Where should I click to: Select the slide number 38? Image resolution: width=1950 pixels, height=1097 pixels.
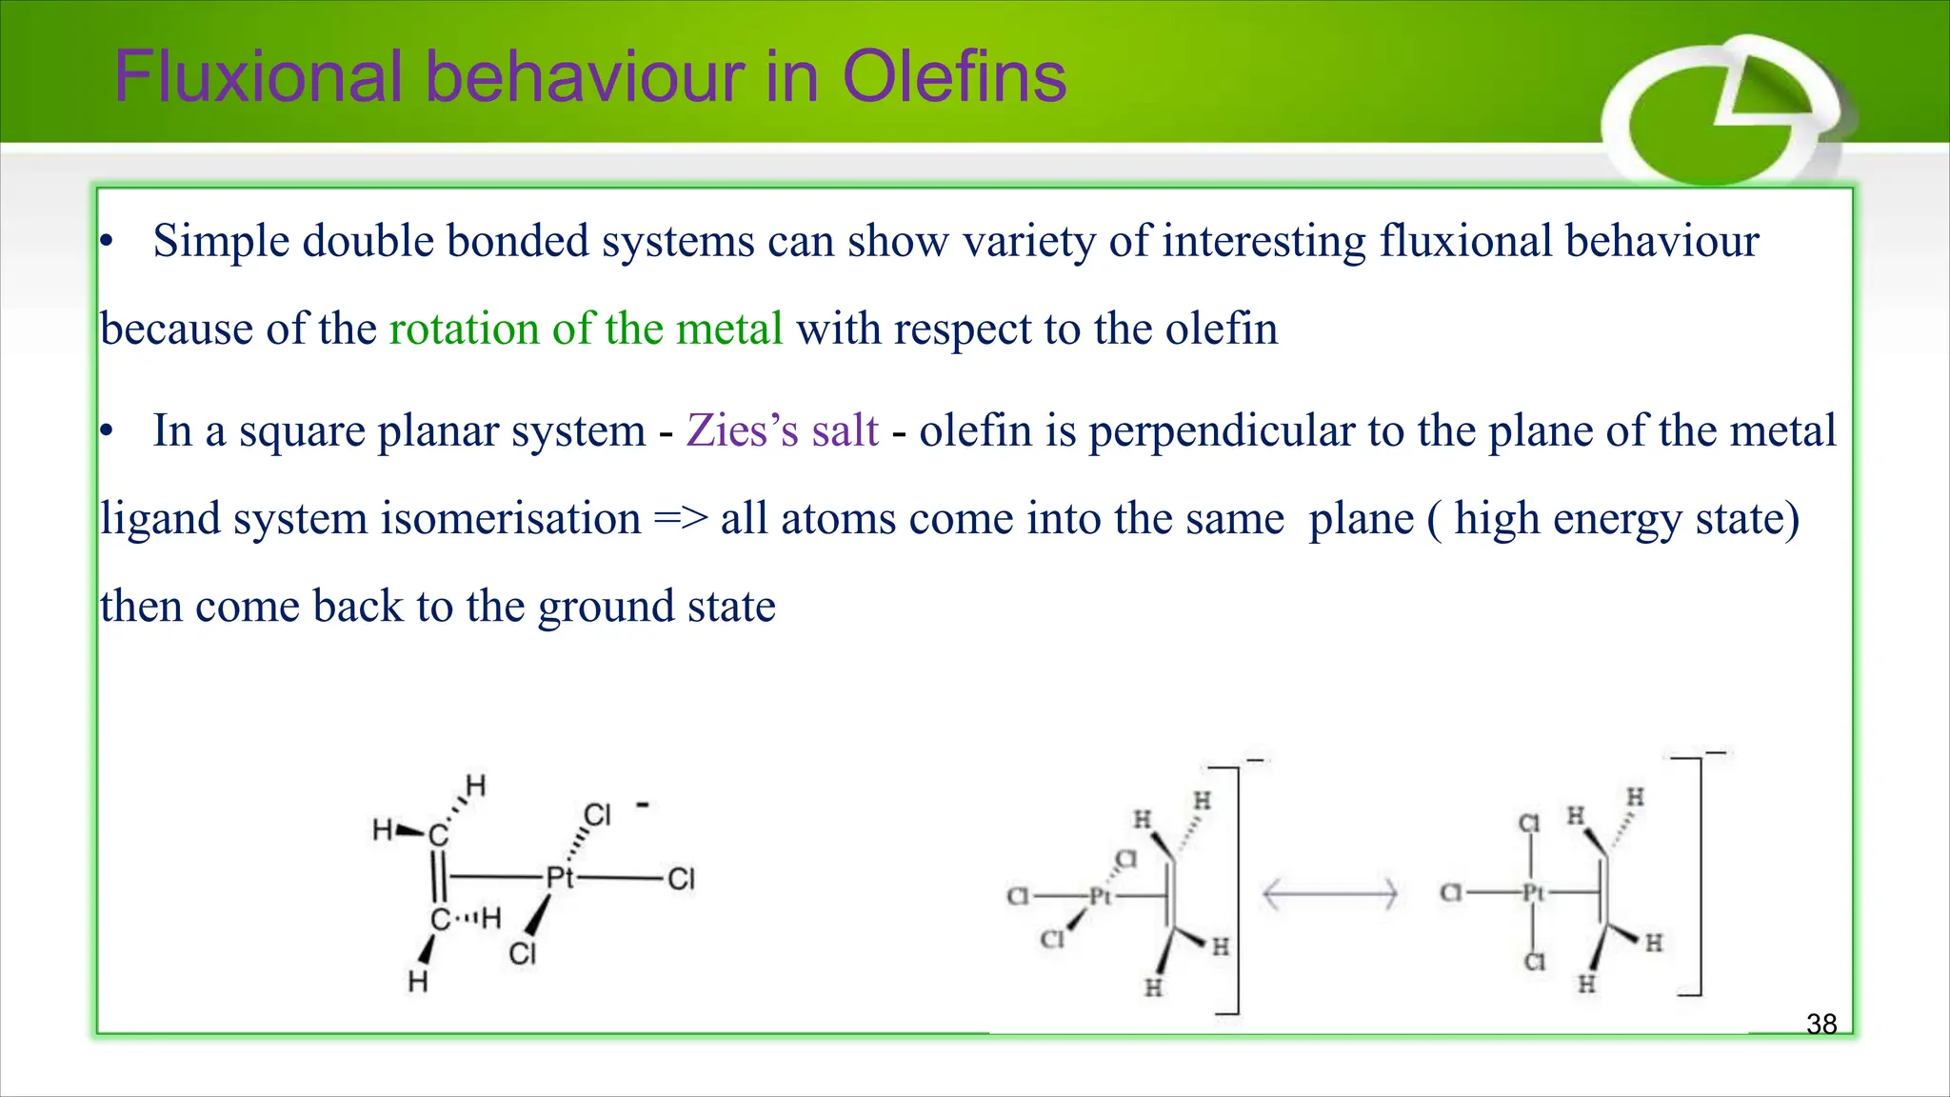[x=1821, y=1024]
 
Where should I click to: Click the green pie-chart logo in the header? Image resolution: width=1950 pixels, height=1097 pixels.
[x=1714, y=114]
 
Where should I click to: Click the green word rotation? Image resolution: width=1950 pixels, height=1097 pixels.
[x=465, y=329]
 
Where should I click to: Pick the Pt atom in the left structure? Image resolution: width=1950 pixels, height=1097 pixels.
[x=560, y=877]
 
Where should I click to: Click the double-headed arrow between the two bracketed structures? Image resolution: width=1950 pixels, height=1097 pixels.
[x=1329, y=894]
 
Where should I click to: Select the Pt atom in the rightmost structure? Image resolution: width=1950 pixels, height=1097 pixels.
[x=1532, y=893]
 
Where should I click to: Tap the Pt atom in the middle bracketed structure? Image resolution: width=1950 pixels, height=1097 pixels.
[x=1100, y=896]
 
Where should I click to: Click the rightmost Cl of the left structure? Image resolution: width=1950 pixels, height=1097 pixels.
[x=681, y=878]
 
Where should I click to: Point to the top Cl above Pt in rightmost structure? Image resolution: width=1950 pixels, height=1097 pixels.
[x=1528, y=823]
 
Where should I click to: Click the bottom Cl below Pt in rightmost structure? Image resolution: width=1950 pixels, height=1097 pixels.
[x=1534, y=963]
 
